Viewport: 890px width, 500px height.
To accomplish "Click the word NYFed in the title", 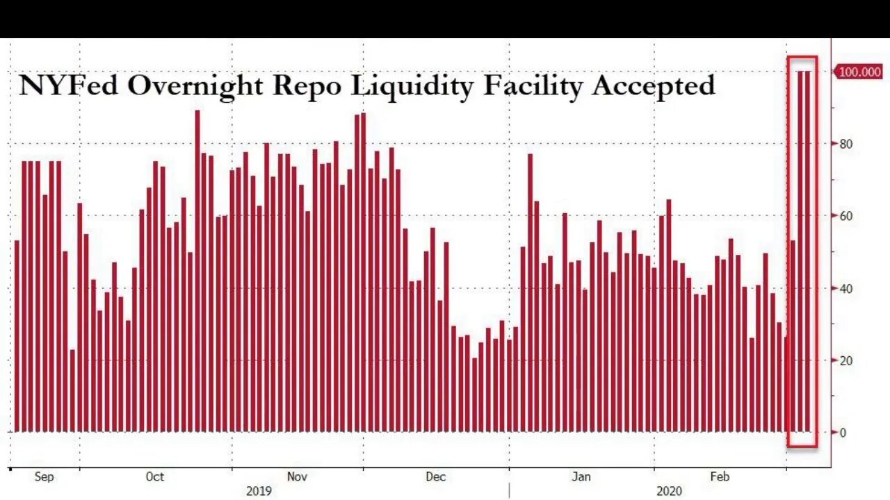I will (x=67, y=85).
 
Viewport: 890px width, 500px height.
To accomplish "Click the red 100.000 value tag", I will (x=859, y=72).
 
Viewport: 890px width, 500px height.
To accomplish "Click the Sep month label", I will (x=44, y=477).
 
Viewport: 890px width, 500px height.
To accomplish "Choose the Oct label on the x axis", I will (x=155, y=477).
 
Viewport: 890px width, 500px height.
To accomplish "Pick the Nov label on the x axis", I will (x=297, y=477).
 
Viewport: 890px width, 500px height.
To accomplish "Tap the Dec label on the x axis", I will (x=435, y=477).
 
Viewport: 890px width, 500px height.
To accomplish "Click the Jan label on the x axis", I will (x=581, y=477).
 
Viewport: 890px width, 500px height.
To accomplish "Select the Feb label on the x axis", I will (x=720, y=477).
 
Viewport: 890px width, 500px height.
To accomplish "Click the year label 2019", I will (x=259, y=492).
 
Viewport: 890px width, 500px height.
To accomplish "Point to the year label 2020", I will (x=669, y=492).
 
